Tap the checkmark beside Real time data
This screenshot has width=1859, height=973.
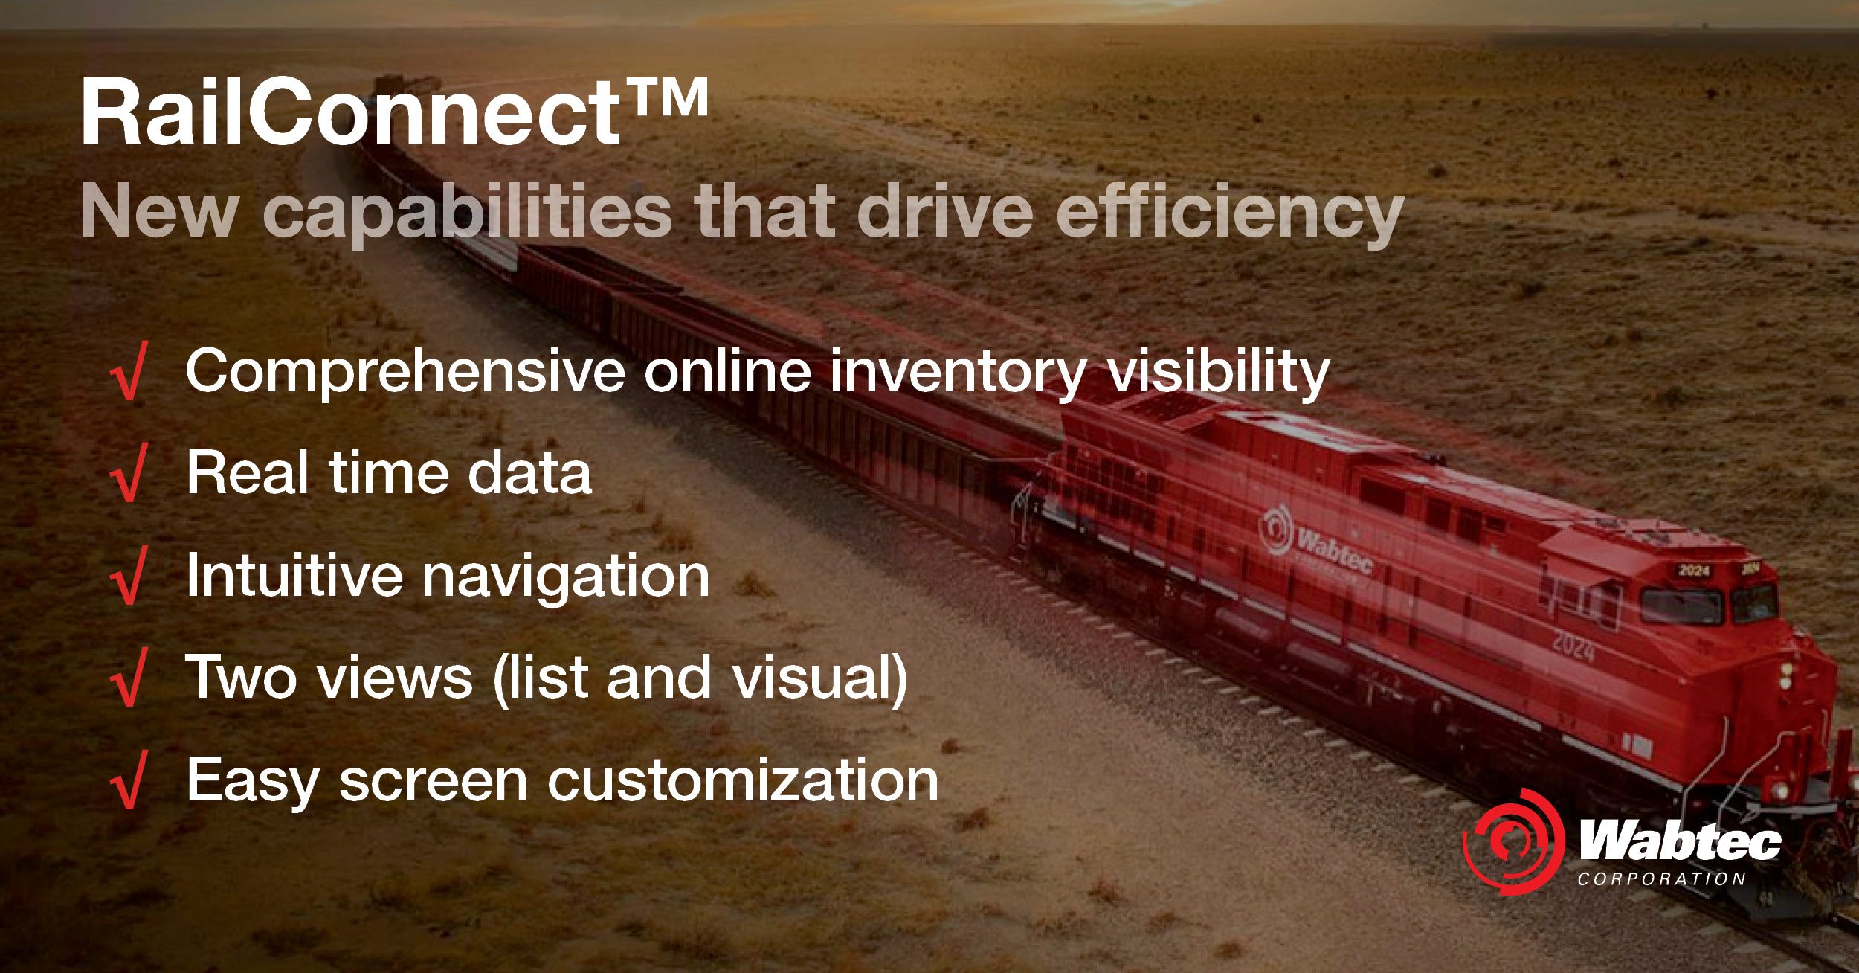[130, 473]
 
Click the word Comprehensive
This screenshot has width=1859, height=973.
[405, 372]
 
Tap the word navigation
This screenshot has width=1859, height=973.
[565, 577]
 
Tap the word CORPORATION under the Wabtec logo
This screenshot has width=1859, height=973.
[1662, 879]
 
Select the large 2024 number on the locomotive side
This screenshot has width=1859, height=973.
[1573, 645]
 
